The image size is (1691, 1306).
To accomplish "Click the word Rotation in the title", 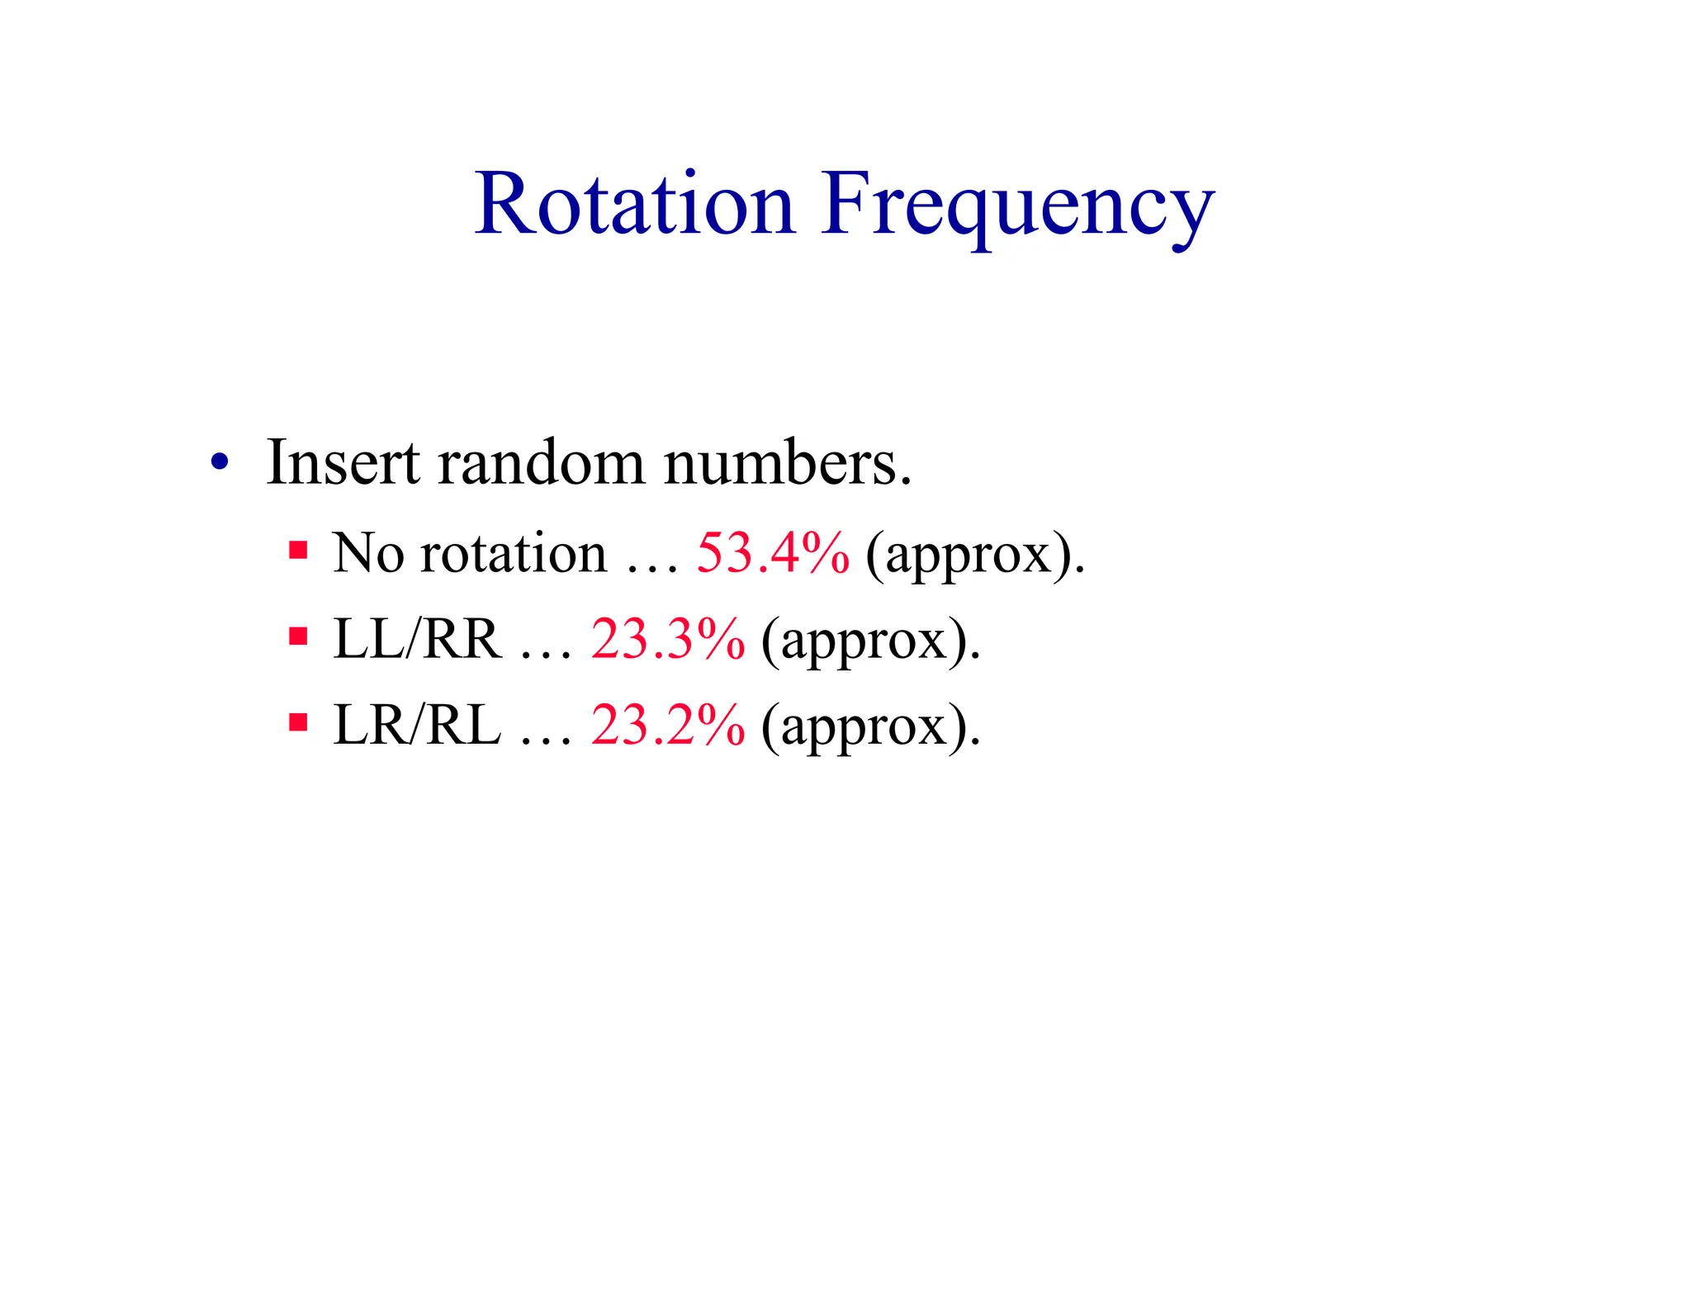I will click(634, 204).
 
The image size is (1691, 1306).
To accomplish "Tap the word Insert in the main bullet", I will click(343, 463).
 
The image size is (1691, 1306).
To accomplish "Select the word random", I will click(541, 463).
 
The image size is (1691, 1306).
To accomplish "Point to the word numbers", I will click(787, 463).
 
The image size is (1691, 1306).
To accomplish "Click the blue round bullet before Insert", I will click(219, 463).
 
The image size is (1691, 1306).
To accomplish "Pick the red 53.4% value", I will click(773, 552).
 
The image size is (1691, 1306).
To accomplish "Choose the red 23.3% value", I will click(668, 639).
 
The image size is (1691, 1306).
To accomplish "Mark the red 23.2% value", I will click(668, 726).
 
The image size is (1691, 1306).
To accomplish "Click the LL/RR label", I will click(417, 639).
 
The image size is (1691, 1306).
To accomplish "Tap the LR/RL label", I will click(417, 726).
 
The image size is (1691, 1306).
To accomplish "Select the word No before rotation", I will click(368, 552).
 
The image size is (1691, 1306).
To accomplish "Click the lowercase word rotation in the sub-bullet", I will click(513, 552).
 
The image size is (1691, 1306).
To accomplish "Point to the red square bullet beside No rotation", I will click(298, 551).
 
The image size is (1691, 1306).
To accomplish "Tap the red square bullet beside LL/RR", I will click(298, 637).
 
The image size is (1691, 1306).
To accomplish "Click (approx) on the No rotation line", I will click(974, 555).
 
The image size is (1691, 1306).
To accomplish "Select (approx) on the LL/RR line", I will click(870, 641).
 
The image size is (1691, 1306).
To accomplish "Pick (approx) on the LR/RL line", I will click(870, 728).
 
